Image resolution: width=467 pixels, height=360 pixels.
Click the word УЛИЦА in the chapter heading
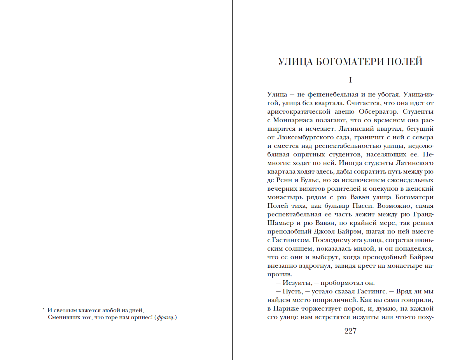[292, 61]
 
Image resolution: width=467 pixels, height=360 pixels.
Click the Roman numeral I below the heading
[350, 81]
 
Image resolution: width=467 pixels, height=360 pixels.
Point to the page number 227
[350, 331]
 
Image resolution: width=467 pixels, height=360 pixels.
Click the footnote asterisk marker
[44, 310]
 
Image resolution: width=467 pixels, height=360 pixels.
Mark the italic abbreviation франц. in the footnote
[166, 318]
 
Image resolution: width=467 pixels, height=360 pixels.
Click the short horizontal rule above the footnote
[54, 304]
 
